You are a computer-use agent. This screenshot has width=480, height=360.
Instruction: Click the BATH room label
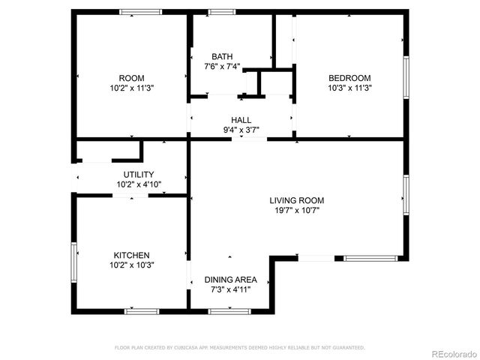pyautogui.click(x=222, y=56)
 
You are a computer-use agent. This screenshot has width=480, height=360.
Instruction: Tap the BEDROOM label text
pyautogui.click(x=350, y=78)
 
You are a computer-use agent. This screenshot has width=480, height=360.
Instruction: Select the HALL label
pyautogui.click(x=241, y=120)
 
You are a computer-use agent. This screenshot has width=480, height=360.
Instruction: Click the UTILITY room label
pyautogui.click(x=139, y=174)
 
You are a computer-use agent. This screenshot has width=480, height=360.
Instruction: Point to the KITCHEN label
pyautogui.click(x=131, y=255)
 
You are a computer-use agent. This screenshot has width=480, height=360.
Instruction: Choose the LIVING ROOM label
pyautogui.click(x=297, y=200)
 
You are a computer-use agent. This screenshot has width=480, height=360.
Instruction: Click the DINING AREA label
pyautogui.click(x=231, y=279)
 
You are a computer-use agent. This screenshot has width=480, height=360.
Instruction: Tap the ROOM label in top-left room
pyautogui.click(x=131, y=78)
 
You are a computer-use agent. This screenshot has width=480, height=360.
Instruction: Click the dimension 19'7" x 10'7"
pyautogui.click(x=297, y=210)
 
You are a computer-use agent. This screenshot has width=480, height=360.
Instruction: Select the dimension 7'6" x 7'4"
pyautogui.click(x=222, y=67)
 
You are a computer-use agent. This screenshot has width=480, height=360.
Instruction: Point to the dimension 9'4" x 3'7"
pyautogui.click(x=241, y=130)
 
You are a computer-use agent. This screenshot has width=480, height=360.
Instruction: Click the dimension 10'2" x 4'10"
pyautogui.click(x=139, y=184)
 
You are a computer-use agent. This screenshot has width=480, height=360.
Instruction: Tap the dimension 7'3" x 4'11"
pyautogui.click(x=231, y=289)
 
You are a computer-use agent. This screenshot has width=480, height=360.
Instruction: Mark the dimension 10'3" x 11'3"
pyautogui.click(x=350, y=88)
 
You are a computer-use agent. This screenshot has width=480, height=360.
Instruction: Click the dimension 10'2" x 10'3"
pyautogui.click(x=131, y=265)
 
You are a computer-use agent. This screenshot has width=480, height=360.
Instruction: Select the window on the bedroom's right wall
pyautogui.click(x=406, y=77)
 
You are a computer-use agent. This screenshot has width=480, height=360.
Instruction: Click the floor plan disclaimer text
pyautogui.click(x=239, y=347)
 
